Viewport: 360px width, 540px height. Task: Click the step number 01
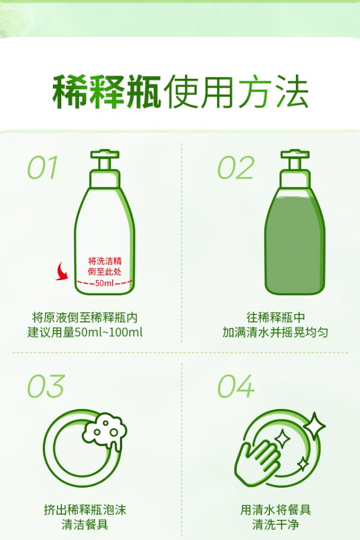(x=43, y=168)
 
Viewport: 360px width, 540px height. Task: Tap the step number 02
(x=236, y=168)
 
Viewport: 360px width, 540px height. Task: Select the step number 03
(x=46, y=386)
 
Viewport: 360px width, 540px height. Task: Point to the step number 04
(x=236, y=386)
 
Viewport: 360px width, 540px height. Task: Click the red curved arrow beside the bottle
(x=62, y=272)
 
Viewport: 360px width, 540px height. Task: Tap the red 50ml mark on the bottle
(x=105, y=283)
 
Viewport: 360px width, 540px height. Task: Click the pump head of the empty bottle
(x=105, y=159)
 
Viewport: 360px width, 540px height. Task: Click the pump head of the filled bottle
(x=295, y=159)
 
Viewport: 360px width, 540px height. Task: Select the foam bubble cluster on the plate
(x=105, y=431)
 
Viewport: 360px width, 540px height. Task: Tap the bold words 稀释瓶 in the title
(x=107, y=92)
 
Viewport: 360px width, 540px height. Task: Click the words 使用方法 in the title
(x=236, y=92)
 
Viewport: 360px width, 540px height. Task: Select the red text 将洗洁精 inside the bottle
(x=105, y=260)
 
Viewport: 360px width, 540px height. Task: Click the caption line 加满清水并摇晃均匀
(x=275, y=332)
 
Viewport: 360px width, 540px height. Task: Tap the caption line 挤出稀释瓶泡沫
(x=85, y=510)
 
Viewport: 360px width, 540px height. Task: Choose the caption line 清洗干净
(x=275, y=524)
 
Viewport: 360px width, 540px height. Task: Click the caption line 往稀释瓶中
(x=276, y=317)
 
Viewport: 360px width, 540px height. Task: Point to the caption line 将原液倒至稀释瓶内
(x=85, y=317)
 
